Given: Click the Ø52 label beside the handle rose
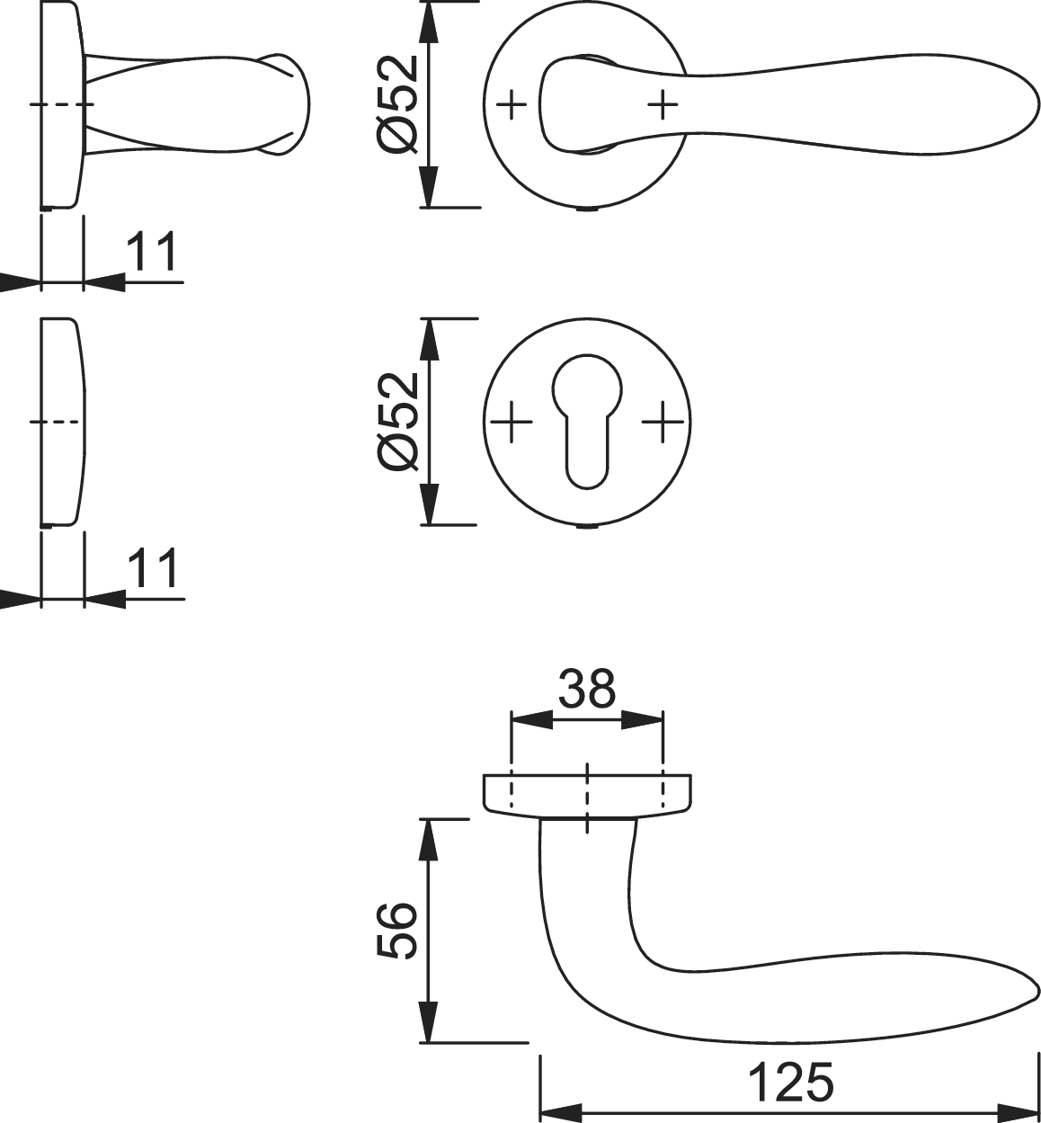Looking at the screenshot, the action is point(398,104).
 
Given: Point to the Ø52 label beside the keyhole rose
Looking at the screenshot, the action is point(398,422).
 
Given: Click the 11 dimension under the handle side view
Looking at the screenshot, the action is point(152,252).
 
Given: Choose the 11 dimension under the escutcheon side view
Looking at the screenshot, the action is point(153,568).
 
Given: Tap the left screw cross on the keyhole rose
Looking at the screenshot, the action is point(512,422).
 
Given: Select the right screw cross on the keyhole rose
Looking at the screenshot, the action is point(663,422).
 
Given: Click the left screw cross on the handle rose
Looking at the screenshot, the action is point(512,104).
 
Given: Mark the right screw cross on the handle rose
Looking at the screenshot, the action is point(663,104).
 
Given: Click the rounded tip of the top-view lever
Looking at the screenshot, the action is point(1037,106).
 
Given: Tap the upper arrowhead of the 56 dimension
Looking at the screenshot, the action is point(429,840).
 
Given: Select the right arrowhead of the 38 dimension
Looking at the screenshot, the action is point(642,721).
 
